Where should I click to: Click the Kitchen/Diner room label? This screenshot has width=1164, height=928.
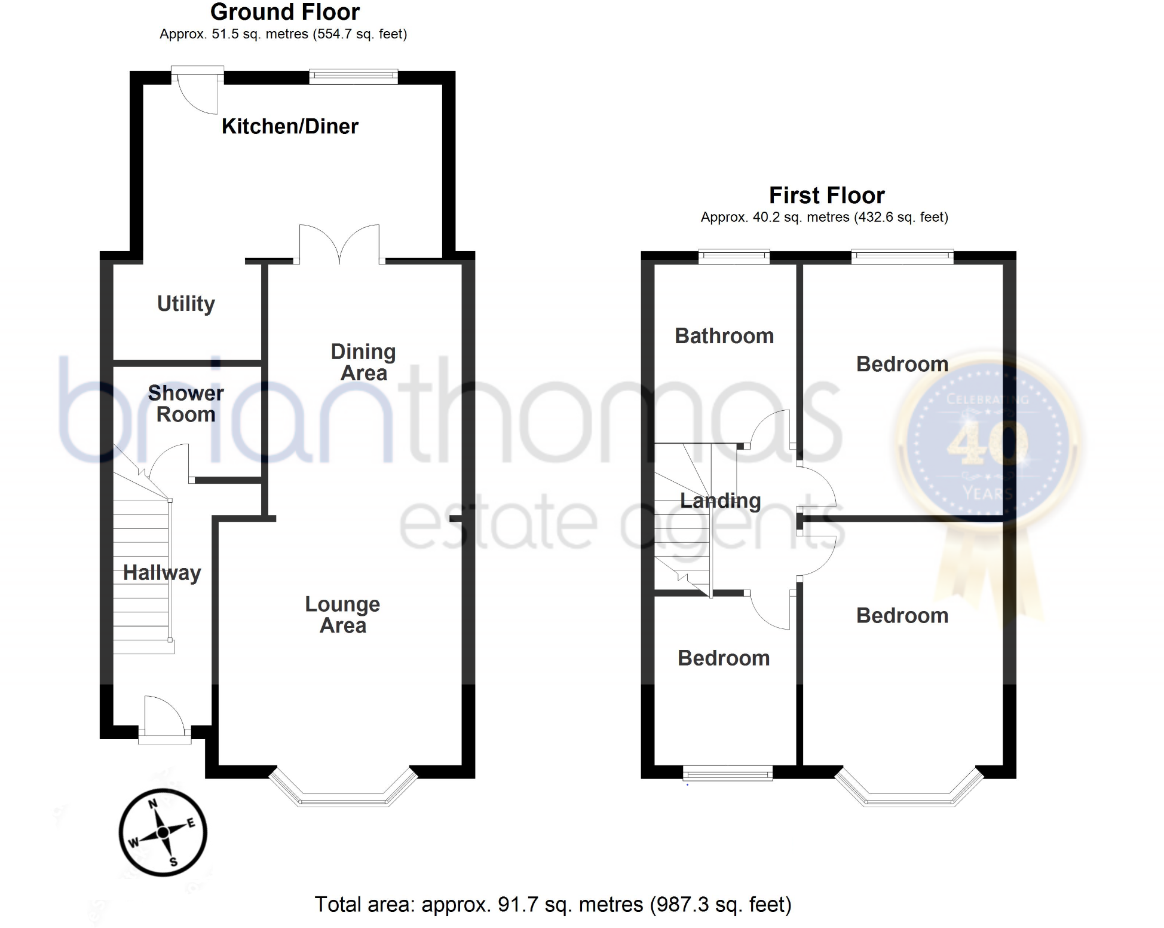click(x=290, y=126)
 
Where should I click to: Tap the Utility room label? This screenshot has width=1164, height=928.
click(x=186, y=304)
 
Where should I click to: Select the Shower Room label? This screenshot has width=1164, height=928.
click(x=186, y=404)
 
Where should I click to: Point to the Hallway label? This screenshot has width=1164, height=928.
click(x=162, y=573)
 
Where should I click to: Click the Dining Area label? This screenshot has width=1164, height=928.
click(x=363, y=362)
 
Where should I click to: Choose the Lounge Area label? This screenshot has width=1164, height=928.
click(x=342, y=615)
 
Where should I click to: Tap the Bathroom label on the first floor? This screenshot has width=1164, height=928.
click(x=724, y=336)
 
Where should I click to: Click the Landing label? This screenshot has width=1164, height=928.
click(x=721, y=500)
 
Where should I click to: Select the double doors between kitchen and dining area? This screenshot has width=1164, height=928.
click(x=339, y=245)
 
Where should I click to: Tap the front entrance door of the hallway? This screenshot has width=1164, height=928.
click(x=164, y=718)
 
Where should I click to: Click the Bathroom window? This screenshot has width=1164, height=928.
click(x=734, y=257)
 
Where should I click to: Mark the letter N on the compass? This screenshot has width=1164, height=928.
click(x=153, y=804)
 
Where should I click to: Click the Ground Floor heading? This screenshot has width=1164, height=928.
click(x=285, y=12)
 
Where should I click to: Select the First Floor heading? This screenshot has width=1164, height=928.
click(x=826, y=196)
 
